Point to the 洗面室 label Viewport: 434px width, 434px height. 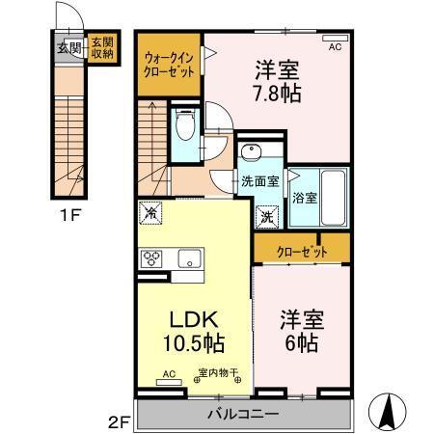pos(259,180)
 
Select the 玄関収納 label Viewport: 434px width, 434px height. pos(101,48)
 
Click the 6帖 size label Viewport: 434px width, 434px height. pos(302,342)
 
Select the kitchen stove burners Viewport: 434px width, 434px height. pos(152,258)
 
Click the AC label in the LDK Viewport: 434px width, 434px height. pos(167,373)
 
